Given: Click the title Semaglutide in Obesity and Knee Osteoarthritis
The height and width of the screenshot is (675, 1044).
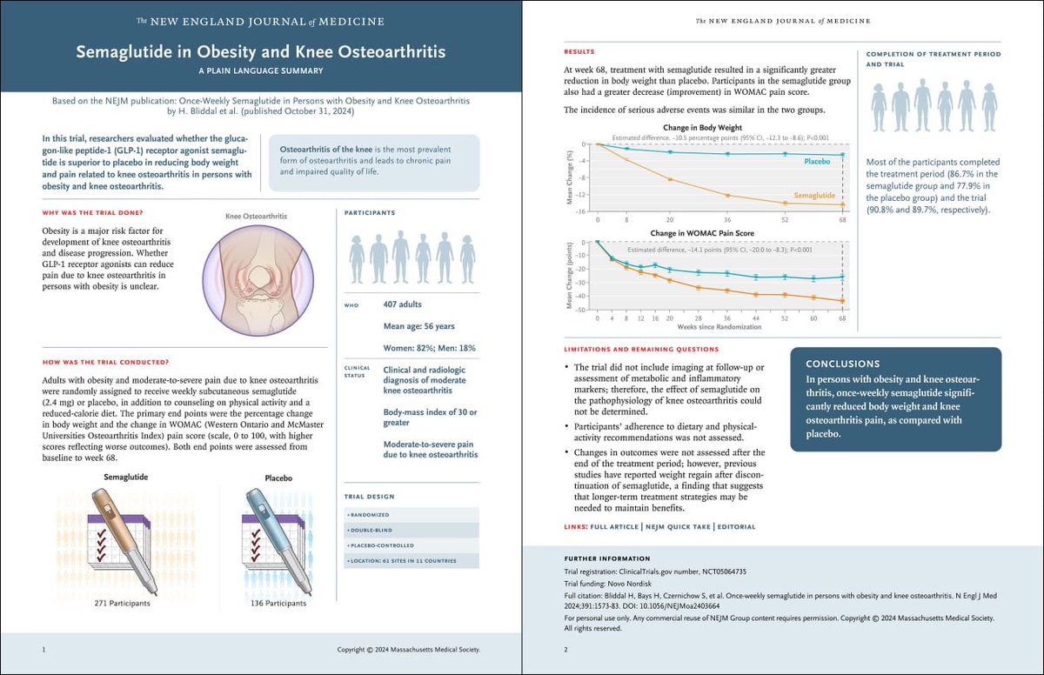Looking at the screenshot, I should click(x=260, y=52).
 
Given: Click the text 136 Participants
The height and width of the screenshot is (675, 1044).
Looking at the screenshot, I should click(x=278, y=602).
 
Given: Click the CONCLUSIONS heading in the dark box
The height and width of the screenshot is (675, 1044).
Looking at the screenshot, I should click(x=842, y=364).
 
